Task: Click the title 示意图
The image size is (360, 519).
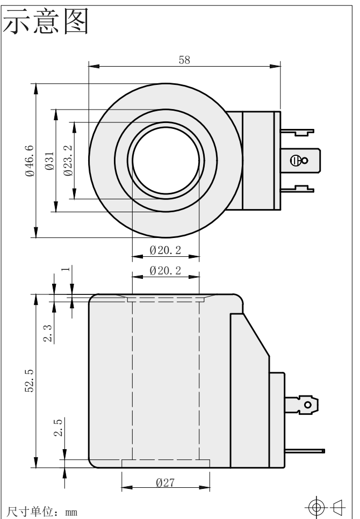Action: click(x=46, y=21)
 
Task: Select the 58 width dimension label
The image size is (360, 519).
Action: click(x=184, y=60)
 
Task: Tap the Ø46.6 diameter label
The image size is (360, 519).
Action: click(x=30, y=161)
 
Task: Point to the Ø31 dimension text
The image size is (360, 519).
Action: click(x=49, y=161)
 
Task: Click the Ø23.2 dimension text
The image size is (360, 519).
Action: click(x=68, y=161)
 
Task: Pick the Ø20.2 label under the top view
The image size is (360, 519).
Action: click(x=165, y=250)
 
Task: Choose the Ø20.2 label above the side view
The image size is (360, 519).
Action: click(x=165, y=271)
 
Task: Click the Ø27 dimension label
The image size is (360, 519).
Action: click(x=165, y=483)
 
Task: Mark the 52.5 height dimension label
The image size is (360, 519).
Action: click(x=30, y=380)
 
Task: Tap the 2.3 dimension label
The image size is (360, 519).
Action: click(x=48, y=333)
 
